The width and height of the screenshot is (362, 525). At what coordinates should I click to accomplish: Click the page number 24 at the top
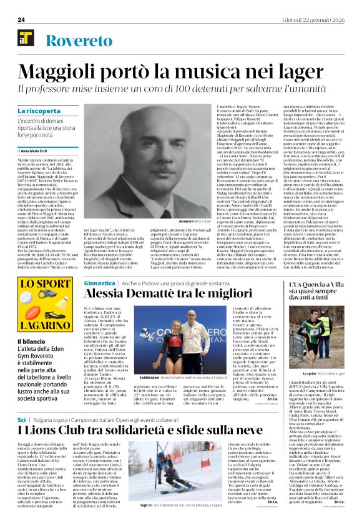(x=21, y=20)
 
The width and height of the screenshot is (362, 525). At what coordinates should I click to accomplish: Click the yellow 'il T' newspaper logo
(x=26, y=38)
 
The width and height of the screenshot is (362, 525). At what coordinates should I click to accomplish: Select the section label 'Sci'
(x=22, y=402)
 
